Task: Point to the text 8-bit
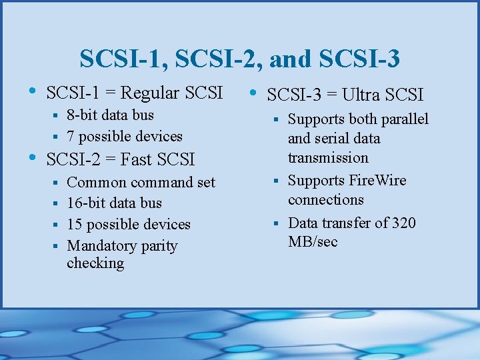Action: pos(83,115)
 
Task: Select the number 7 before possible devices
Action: pos(70,136)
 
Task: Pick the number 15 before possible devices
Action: pos(75,224)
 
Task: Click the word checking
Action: pos(95,263)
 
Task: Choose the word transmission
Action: pos(328,157)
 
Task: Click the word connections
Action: pos(325,199)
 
